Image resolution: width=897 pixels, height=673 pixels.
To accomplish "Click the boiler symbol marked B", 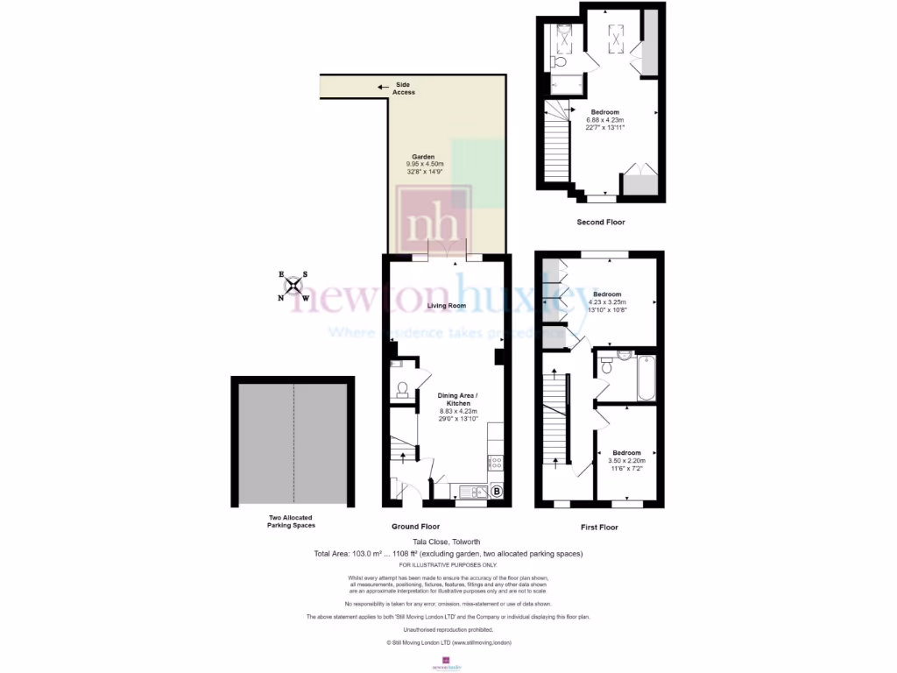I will pyautogui.click(x=498, y=492).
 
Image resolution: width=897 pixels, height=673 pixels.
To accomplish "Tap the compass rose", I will pyautogui.click(x=293, y=286).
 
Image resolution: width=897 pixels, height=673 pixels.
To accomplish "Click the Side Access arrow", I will pyautogui.click(x=383, y=87).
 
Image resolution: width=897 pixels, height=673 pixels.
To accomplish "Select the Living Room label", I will pyautogui.click(x=446, y=306).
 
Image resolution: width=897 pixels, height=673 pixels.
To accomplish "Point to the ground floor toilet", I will pyautogui.click(x=403, y=388).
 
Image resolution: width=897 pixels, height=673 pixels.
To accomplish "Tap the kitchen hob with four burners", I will pyautogui.click(x=496, y=461).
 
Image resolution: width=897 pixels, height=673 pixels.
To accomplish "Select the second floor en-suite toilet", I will pyautogui.click(x=560, y=62).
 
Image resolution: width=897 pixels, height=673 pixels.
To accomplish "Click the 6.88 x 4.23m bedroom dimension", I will pyautogui.click(x=604, y=119).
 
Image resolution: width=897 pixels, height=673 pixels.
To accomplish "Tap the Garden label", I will pyautogui.click(x=425, y=157).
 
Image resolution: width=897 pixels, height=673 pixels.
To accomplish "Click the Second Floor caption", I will pyautogui.click(x=601, y=223).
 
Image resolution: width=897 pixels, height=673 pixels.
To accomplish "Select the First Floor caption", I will pyautogui.click(x=599, y=528).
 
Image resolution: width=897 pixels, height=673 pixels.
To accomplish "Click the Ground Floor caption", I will pyautogui.click(x=415, y=528).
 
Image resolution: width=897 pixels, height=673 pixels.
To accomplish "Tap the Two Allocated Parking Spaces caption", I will pyautogui.click(x=292, y=521).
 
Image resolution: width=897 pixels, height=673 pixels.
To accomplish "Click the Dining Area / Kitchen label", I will pyautogui.click(x=459, y=400).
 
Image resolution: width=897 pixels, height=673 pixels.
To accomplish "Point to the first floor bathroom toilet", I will pyautogui.click(x=624, y=356).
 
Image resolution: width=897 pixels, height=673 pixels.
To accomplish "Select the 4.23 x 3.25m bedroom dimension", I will pyautogui.click(x=607, y=301).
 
